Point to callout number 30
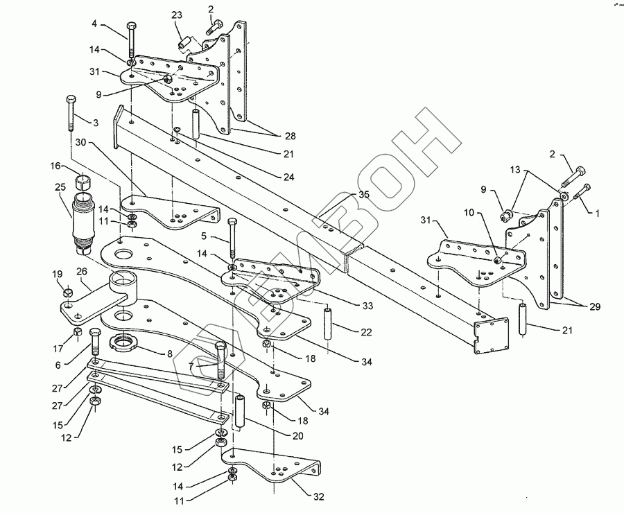(x=80, y=141)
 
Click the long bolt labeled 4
(x=130, y=40)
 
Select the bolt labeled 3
(x=71, y=114)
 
